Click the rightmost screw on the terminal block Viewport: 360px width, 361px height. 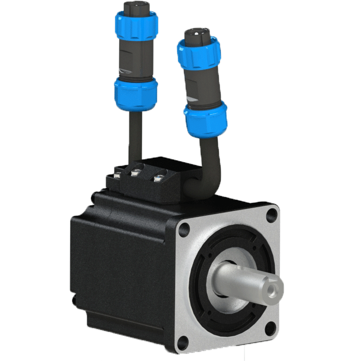point(159,179)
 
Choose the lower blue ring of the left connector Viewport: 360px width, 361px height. point(136,94)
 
